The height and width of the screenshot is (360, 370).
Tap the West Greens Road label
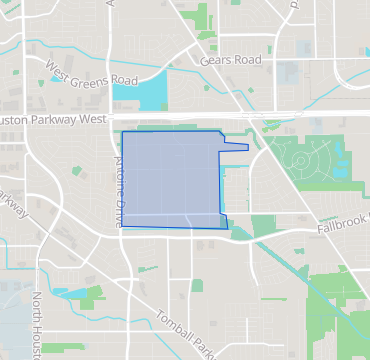click(x=90, y=73)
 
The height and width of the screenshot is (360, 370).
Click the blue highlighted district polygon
click(x=170, y=180)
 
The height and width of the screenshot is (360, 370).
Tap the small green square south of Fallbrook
click(x=196, y=286)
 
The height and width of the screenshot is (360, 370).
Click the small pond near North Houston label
click(x=60, y=292)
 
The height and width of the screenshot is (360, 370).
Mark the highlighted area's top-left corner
click(x=121, y=132)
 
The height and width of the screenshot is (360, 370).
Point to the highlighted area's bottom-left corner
click(x=122, y=226)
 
